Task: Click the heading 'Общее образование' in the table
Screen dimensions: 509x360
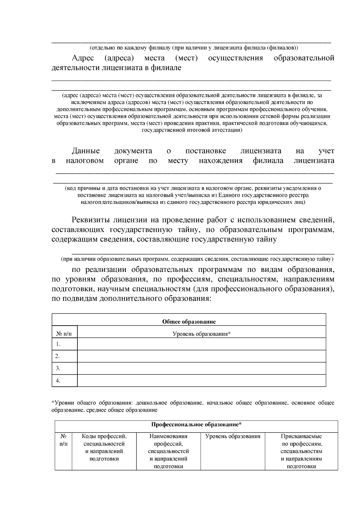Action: [189, 322]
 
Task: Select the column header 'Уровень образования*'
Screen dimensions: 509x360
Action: [201, 334]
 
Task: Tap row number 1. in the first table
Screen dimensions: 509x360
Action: [58, 344]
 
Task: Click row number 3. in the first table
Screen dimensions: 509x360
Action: [58, 368]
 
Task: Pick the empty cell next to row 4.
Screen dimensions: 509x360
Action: [201, 381]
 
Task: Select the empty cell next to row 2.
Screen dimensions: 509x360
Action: [201, 356]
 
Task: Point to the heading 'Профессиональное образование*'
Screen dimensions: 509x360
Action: [196, 425]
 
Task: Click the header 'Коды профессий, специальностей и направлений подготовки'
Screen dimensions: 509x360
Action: [104, 447]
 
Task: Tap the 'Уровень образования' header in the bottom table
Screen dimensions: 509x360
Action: [233, 436]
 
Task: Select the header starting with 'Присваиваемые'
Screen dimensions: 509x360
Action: [301, 436]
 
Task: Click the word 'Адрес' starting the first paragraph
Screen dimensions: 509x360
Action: [83, 58]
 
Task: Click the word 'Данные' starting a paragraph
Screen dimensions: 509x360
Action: [86, 151]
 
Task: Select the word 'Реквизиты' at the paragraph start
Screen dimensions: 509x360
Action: [91, 220]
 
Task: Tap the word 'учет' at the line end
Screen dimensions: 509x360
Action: [326, 151]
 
